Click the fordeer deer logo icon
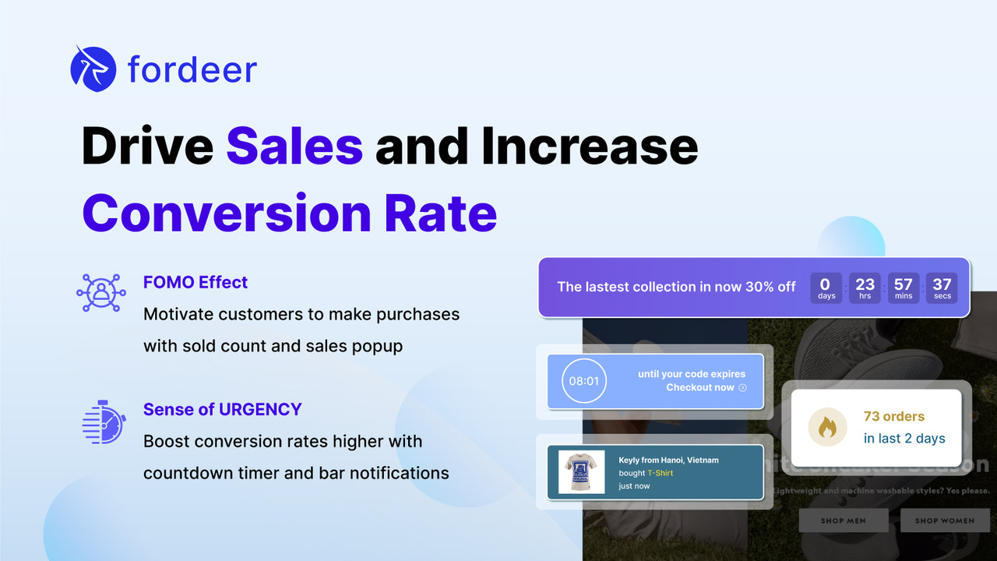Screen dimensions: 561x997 [93, 69]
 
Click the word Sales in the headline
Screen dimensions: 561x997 [294, 146]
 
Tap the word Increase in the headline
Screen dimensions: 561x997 [590, 146]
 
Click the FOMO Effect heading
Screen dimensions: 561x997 [196, 282]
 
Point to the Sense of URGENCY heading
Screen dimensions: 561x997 [222, 409]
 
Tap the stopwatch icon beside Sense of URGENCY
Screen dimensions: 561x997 [104, 422]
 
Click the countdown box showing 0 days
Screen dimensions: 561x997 [826, 288]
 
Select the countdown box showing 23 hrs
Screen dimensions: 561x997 [865, 288]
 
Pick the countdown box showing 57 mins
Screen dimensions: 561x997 [904, 288]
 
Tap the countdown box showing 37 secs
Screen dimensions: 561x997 [942, 288]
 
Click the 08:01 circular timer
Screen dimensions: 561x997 [583, 381]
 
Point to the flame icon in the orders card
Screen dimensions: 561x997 [827, 428]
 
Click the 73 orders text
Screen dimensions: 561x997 [894, 417]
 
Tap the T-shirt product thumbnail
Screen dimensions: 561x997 [582, 472]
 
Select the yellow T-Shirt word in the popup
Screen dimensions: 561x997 [660, 473]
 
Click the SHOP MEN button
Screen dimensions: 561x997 [843, 520]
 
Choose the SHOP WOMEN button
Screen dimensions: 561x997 [944, 520]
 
